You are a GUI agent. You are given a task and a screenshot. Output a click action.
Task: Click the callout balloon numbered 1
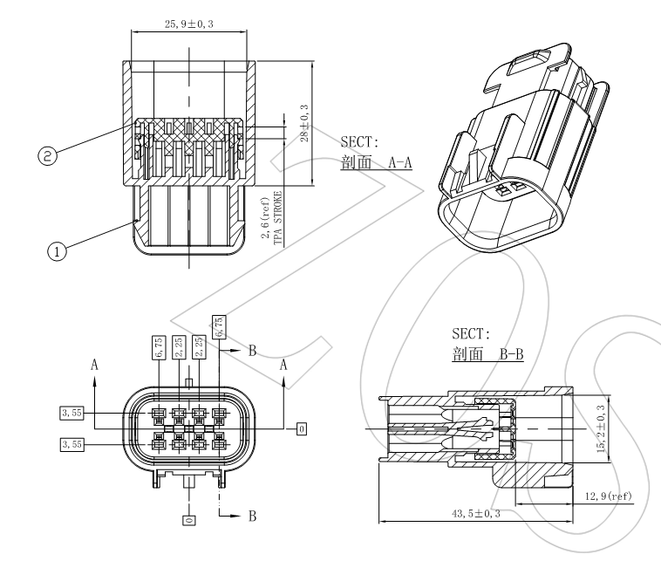(57, 251)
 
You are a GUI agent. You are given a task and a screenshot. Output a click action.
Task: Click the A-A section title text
(377, 163)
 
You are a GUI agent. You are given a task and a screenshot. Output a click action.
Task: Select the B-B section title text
(487, 356)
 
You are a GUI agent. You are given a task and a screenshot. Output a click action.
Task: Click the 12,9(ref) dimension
(608, 497)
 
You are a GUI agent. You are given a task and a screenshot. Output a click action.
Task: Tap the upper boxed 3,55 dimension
(71, 413)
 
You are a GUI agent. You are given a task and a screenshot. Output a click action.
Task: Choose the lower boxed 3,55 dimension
(71, 445)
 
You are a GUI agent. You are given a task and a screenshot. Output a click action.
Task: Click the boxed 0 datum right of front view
(302, 428)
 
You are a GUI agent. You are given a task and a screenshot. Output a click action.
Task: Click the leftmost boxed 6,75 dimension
(160, 348)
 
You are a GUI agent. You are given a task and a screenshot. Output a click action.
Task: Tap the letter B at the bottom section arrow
(252, 517)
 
